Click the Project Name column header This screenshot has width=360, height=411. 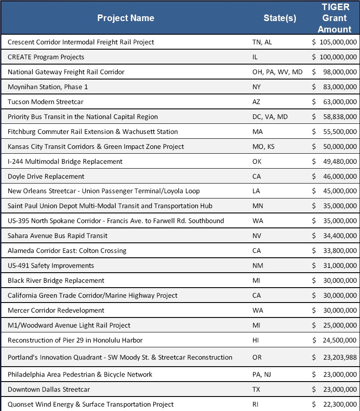tap(126, 18)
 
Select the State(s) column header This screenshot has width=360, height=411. tap(280, 18)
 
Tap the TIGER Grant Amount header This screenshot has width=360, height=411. tap(335, 18)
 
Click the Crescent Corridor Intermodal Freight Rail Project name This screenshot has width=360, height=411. tap(81, 42)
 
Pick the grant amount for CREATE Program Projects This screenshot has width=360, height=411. tap(335, 57)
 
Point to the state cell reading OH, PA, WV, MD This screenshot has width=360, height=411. tap(274, 72)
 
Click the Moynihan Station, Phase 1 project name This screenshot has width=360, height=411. tap(48, 87)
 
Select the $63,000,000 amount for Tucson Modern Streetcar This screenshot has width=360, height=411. tap(335, 102)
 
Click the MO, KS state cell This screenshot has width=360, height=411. tap(260, 147)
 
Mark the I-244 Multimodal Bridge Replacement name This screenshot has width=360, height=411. tap(65, 162)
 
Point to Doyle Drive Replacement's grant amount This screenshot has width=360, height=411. tap(335, 177)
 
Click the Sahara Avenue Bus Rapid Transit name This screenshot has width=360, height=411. tap(58, 236)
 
